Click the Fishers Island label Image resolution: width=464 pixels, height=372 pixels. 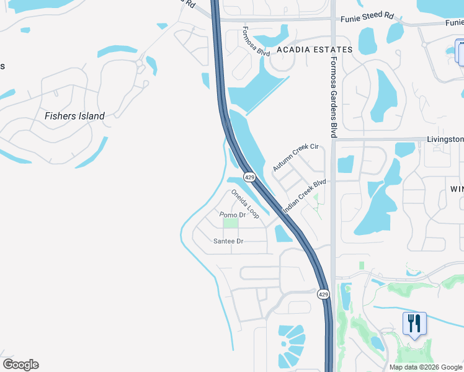(x=74, y=115)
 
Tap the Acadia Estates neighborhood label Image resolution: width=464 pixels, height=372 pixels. (x=315, y=49)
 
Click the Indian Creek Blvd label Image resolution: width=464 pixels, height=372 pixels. (x=304, y=197)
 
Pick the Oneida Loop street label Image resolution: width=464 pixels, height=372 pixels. (x=244, y=203)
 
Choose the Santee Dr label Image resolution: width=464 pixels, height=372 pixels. (x=228, y=241)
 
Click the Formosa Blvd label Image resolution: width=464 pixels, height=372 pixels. (x=256, y=42)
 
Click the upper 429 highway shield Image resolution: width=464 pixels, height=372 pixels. (x=249, y=177)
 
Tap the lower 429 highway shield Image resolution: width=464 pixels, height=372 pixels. (x=323, y=294)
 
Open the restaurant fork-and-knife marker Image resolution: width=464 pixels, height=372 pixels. (x=414, y=323)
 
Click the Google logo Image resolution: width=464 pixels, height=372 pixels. (x=20, y=365)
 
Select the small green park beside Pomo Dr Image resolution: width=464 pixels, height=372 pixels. (x=230, y=223)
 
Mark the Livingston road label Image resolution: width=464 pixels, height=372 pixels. (x=445, y=139)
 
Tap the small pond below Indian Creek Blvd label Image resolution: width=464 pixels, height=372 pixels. (x=282, y=233)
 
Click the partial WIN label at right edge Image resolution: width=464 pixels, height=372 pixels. (x=457, y=188)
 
